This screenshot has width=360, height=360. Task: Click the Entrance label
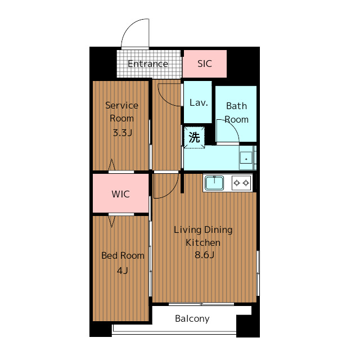click(x=148, y=64)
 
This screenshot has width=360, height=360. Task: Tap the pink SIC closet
click(x=205, y=64)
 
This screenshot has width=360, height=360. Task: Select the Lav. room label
click(x=199, y=102)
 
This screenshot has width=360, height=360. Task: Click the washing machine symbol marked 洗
click(x=194, y=137)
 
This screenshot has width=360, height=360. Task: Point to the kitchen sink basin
click(x=214, y=183)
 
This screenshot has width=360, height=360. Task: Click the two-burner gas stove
click(x=241, y=183)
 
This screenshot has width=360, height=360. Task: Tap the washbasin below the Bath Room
click(x=246, y=157)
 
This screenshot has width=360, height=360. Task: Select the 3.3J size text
click(x=123, y=133)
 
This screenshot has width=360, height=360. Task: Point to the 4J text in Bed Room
click(x=123, y=271)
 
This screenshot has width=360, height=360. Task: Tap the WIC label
click(x=121, y=194)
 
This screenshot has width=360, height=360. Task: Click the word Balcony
click(x=192, y=319)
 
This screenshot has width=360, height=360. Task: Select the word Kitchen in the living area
click(x=203, y=242)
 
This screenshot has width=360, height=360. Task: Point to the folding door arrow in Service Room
click(x=111, y=164)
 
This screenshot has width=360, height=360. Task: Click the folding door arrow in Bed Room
click(x=111, y=221)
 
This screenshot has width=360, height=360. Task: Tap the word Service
click(x=121, y=105)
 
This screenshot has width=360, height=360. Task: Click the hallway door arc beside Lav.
click(x=164, y=99)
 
